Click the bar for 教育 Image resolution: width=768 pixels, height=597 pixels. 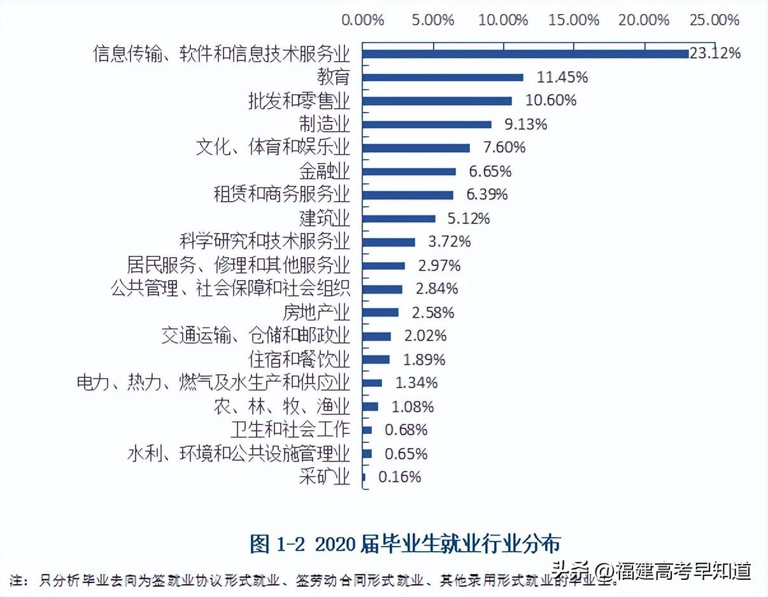point(443,78)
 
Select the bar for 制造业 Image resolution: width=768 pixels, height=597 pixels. point(427,125)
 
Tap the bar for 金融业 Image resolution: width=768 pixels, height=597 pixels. point(409,172)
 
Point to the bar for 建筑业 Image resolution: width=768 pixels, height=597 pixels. point(399,219)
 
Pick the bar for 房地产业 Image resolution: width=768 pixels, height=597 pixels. point(380,313)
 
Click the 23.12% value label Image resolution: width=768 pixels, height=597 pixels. point(715,53)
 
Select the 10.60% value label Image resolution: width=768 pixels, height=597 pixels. point(551,101)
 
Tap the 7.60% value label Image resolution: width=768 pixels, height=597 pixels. point(504,148)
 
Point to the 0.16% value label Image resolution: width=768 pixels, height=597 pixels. point(400,477)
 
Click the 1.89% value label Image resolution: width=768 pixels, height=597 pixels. point(424,360)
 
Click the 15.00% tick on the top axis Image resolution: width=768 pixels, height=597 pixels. point(574,20)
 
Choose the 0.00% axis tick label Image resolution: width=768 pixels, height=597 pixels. point(363,20)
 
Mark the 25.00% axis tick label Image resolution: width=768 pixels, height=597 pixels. point(715,20)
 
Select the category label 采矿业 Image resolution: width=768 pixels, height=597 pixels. point(324,477)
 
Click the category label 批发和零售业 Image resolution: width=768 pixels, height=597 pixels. point(299,101)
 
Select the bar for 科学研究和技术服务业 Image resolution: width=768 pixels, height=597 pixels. point(388,242)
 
